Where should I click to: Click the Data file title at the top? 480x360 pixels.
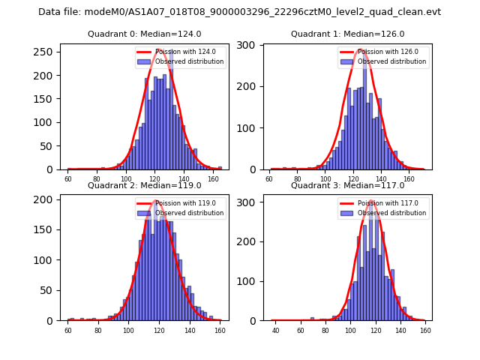[239, 12]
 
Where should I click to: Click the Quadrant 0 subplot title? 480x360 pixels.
[144, 34]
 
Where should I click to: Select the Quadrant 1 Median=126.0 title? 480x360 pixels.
[347, 34]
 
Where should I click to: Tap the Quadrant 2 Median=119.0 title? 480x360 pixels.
[144, 185]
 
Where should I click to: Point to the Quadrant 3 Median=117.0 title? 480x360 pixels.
[347, 185]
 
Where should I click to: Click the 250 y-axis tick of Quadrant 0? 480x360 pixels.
[46, 52]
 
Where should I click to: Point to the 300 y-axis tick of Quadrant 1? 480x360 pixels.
[250, 46]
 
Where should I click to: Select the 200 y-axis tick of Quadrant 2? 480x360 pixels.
[46, 200]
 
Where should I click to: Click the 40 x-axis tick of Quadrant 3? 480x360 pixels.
[276, 330]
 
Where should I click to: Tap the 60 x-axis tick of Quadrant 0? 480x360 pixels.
[68, 179]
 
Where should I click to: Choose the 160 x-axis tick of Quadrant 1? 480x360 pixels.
[409, 179]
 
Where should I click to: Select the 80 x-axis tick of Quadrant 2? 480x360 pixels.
[98, 330]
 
